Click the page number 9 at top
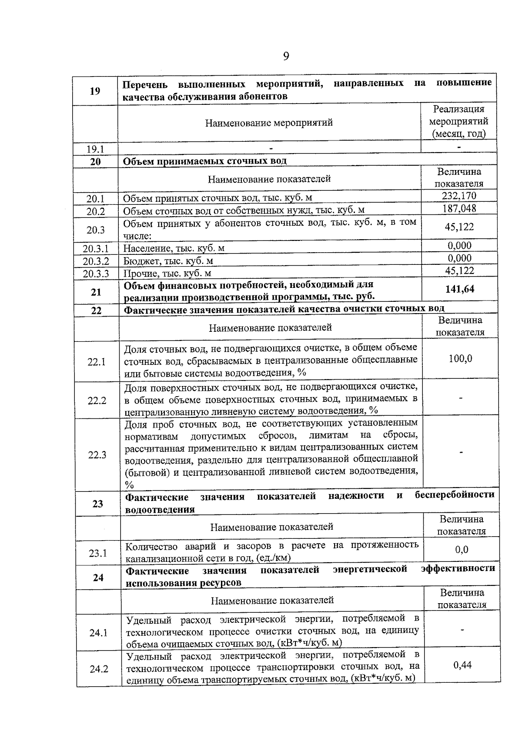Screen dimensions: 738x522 (286, 56)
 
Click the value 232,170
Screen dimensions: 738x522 (459, 196)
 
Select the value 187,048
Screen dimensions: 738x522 (459, 209)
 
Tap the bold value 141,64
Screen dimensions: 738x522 (460, 289)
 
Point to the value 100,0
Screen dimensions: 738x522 (460, 359)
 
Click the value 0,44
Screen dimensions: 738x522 (462, 665)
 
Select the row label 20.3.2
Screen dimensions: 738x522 (96, 261)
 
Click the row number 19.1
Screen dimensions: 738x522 (95, 149)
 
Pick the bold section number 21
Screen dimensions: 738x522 (96, 292)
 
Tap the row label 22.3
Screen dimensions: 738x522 (97, 455)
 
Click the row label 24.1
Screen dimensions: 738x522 (98, 633)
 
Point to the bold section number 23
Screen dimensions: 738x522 (97, 504)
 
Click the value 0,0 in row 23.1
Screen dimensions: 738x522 (462, 550)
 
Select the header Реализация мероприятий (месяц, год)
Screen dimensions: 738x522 (458, 121)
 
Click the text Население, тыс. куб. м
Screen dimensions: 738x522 (174, 249)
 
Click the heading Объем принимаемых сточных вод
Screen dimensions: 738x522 (205, 161)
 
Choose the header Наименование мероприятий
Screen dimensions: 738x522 (269, 123)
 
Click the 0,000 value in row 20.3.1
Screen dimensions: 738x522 (459, 246)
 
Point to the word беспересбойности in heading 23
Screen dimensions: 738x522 (454, 495)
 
